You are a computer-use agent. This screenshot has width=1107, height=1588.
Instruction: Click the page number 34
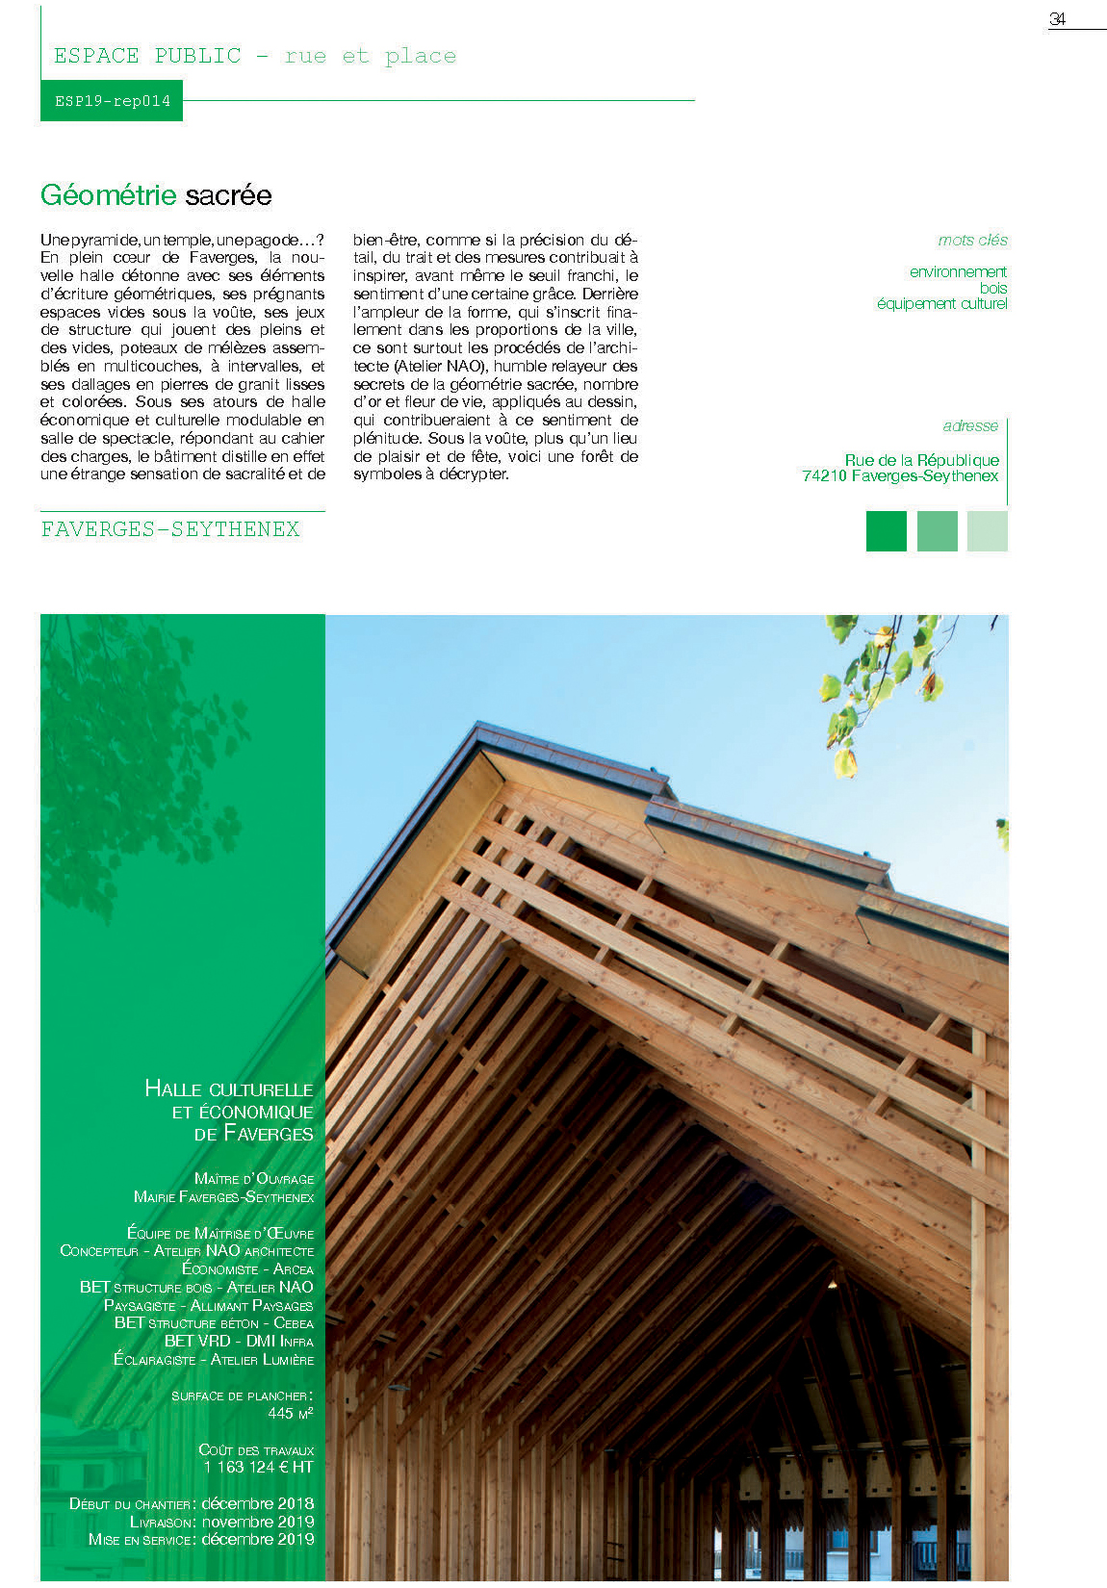tap(1057, 19)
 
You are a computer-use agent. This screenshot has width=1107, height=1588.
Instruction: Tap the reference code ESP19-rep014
tap(112, 101)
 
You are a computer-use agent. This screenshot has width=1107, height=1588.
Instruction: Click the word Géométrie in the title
tap(109, 195)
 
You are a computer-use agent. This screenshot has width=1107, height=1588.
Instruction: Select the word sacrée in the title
tap(228, 195)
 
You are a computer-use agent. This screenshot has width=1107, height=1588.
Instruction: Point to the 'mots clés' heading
tap(972, 241)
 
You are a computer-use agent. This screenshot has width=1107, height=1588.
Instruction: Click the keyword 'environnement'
tap(958, 272)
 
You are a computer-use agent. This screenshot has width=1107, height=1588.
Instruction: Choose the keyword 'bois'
tap(993, 288)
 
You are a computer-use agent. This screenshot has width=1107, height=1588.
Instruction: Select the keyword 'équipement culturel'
tap(941, 304)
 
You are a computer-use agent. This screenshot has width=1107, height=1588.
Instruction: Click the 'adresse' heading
tap(970, 425)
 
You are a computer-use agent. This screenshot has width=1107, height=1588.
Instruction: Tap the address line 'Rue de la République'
tap(921, 460)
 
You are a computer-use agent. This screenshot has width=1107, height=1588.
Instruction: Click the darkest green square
tap(886, 531)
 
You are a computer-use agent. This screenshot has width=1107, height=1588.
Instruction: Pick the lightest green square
tap(987, 531)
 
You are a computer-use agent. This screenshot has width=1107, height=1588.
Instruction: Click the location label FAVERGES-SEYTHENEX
tap(170, 529)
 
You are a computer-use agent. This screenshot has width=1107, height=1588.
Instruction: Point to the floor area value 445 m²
tap(291, 1413)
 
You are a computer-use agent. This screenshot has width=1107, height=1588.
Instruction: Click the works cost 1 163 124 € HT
tap(258, 1467)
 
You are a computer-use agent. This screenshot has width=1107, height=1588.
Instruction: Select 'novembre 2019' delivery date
tap(258, 1522)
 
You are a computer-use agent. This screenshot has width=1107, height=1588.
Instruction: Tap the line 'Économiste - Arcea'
tap(247, 1268)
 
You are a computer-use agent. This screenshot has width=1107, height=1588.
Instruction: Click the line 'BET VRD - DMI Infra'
tap(239, 1341)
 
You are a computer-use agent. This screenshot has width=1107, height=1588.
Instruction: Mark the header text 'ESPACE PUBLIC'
tap(147, 56)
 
